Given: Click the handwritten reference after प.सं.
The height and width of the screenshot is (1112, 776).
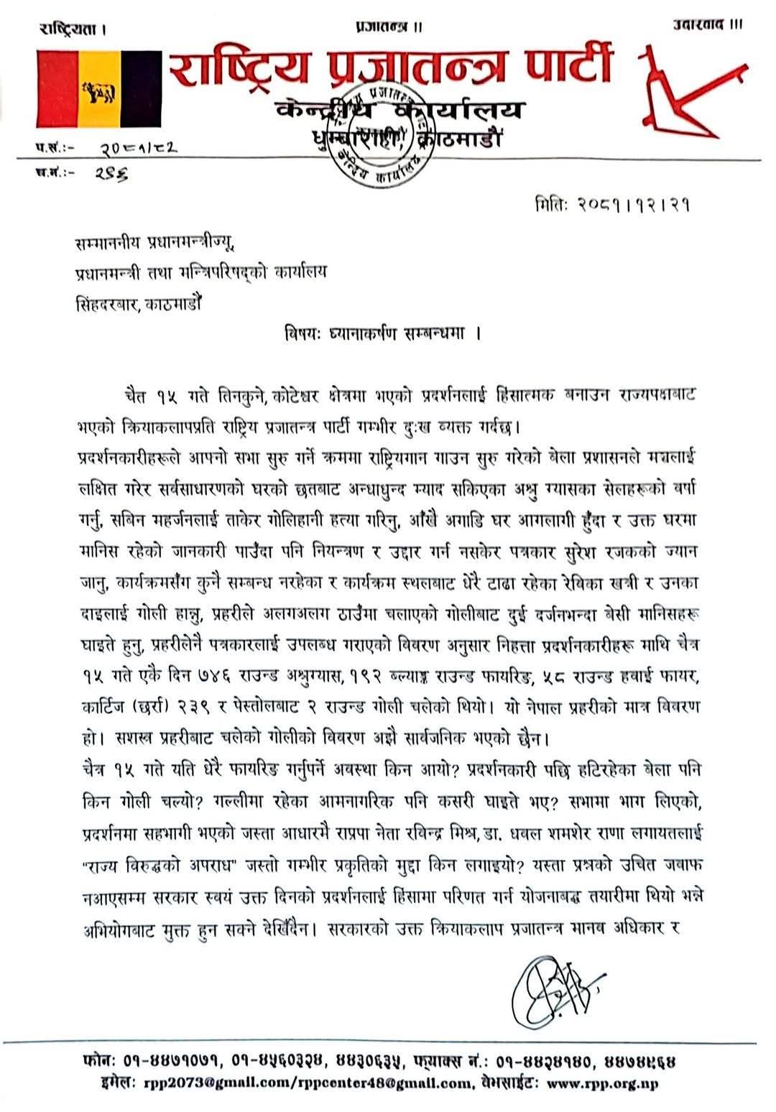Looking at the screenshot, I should coord(137,148).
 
